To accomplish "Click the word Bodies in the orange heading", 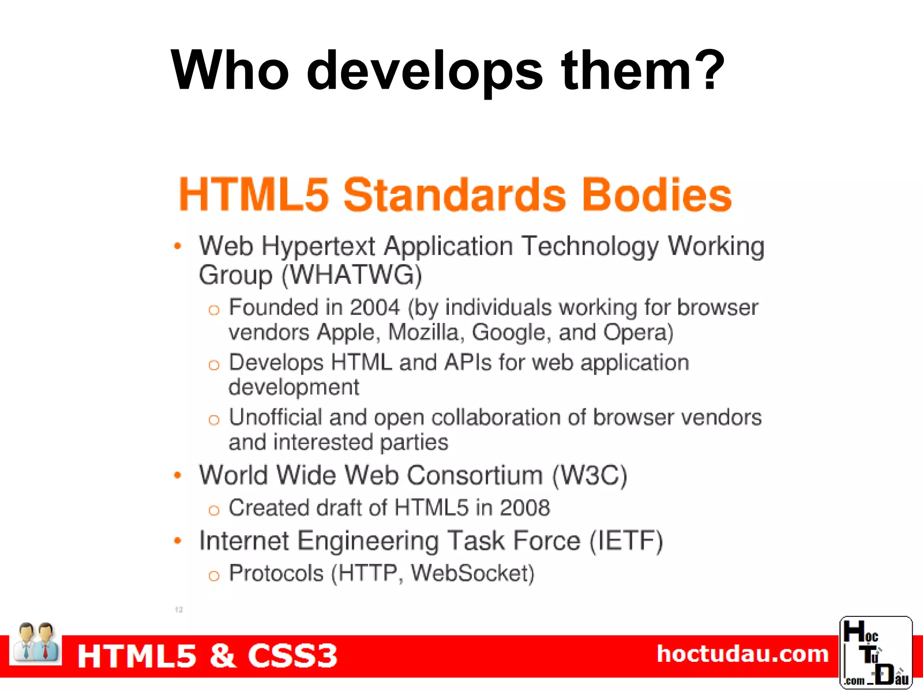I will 657,195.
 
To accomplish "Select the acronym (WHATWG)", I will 352,275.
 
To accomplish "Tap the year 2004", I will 375,308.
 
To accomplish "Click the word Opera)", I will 638,332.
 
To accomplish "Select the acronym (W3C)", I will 589,475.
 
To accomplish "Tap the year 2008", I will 525,508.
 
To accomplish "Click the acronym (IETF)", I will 626,541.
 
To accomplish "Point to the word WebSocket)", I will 472,573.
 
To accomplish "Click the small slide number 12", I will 179,610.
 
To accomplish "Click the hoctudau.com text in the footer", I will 742,654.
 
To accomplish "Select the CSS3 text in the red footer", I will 292,656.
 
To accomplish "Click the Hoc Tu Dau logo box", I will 876,652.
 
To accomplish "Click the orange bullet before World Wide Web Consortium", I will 178,475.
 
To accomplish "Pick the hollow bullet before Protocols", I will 214,575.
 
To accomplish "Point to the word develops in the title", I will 425,71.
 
